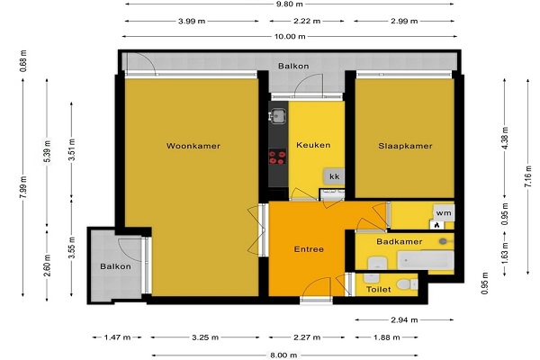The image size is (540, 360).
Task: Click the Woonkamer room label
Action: [193, 146]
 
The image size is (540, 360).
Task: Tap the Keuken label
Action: [313, 145]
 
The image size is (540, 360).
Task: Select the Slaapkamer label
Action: [405, 146]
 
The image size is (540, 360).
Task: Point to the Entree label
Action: [309, 249]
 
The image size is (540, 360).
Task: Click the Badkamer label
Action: [400, 241]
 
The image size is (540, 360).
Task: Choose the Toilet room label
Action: [379, 290]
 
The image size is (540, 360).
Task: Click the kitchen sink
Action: [277, 116]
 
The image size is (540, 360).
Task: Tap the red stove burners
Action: [277, 157]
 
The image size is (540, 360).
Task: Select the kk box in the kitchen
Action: [334, 176]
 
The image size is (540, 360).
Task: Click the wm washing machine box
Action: [444, 213]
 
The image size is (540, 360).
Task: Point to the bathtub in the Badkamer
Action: [426, 260]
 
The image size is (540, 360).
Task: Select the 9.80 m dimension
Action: [290, 4]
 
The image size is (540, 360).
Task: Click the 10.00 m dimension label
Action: [290, 36]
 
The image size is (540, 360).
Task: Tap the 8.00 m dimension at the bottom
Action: [283, 355]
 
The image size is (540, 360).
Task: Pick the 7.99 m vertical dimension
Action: [22, 187]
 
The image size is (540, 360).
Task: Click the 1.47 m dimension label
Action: [117, 337]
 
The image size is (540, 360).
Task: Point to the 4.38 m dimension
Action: [505, 139]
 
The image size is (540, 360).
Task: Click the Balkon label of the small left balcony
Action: [115, 266]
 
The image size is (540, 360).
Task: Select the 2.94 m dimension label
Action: [404, 320]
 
